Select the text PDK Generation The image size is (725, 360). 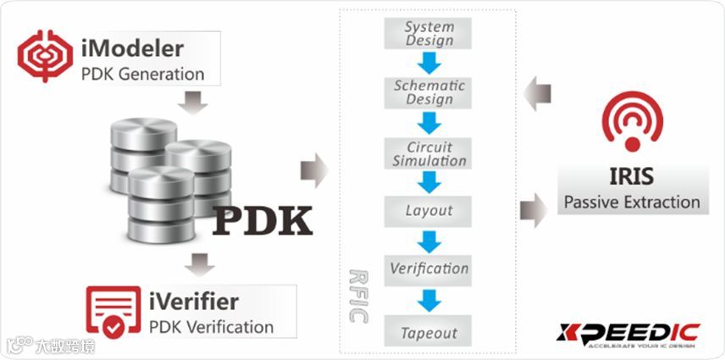143,74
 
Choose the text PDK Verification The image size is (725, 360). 211,327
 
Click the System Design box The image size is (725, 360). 430,34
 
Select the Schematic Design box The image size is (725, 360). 429,92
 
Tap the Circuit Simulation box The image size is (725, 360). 429,153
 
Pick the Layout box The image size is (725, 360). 429,210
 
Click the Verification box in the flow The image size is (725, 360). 429,269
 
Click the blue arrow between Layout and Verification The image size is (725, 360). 430,241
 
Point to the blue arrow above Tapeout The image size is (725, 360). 430,300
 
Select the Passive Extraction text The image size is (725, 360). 632,202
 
